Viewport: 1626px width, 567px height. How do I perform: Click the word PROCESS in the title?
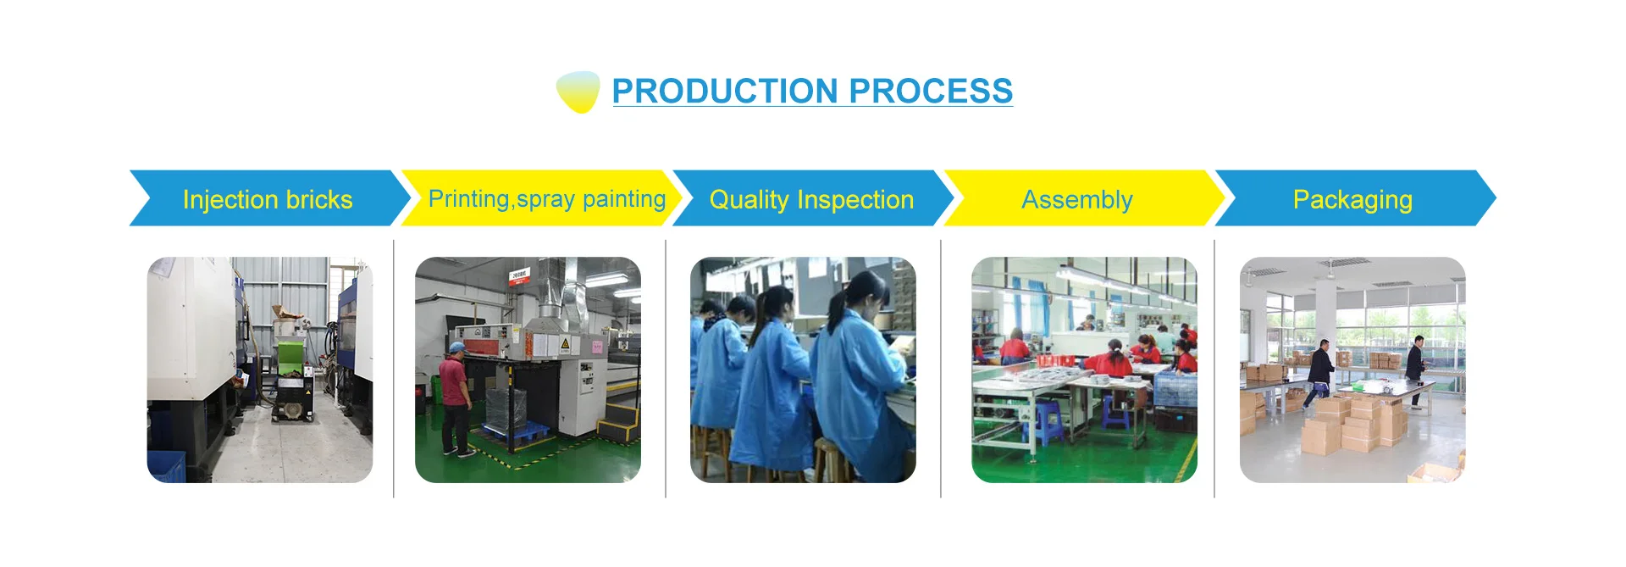click(931, 91)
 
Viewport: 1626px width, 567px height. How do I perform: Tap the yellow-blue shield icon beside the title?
click(578, 92)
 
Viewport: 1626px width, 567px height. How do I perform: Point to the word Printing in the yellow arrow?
click(469, 199)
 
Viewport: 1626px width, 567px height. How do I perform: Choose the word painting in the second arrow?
click(624, 199)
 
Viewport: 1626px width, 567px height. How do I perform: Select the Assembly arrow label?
click(1077, 200)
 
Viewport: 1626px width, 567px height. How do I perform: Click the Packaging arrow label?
click(1352, 200)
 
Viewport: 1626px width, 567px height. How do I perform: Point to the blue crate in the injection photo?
click(166, 467)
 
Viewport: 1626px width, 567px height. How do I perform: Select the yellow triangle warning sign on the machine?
click(565, 343)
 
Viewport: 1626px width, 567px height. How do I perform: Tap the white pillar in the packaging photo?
click(1325, 318)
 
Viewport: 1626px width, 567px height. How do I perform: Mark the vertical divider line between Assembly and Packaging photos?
click(1214, 369)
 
